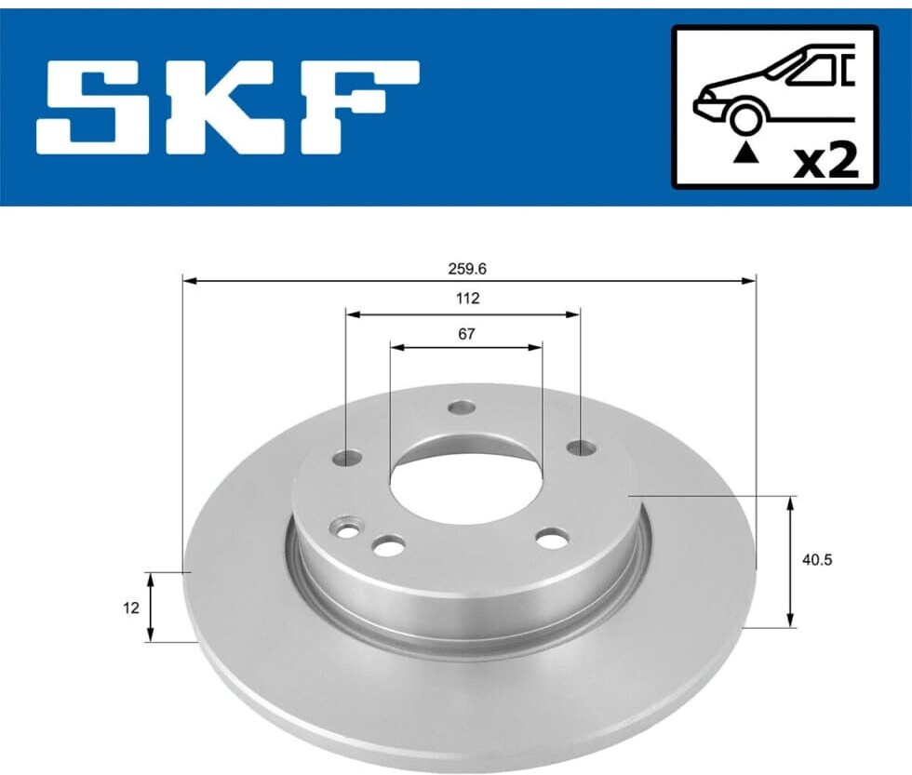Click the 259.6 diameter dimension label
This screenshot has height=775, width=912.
467,269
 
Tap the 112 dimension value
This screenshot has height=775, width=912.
467,299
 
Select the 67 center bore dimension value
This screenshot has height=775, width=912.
466,334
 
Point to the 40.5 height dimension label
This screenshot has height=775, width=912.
817,560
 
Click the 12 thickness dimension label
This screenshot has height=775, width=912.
131,608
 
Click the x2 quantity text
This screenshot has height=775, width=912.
826,162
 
